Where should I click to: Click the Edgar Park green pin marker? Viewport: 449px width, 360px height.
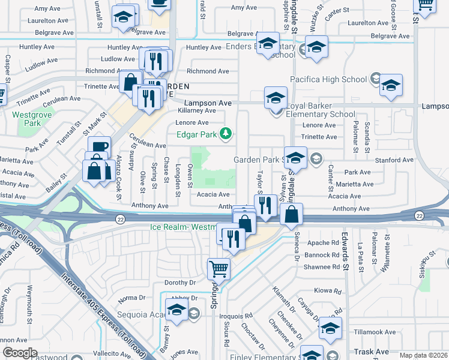[225, 133]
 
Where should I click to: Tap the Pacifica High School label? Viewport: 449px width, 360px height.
[328, 79]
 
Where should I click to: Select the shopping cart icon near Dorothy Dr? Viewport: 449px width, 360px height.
[218, 269]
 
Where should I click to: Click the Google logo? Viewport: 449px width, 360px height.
[20, 353]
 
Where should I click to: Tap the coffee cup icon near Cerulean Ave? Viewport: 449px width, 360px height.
[99, 147]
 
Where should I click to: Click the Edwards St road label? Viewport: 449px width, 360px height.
[345, 248]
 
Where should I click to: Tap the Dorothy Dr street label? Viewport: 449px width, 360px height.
[181, 283]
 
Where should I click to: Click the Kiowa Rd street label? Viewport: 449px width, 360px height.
[328, 290]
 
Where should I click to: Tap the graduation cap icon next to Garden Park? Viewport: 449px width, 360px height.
[295, 157]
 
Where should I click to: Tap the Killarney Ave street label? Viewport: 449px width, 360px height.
[197, 111]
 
